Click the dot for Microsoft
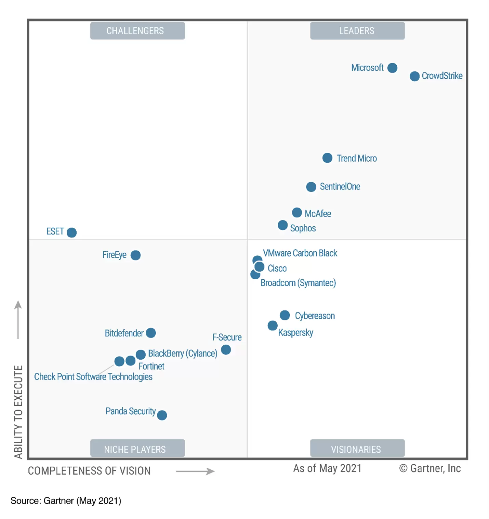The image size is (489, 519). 392,68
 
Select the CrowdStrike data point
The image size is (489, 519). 414,76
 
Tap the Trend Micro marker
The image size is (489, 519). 327,158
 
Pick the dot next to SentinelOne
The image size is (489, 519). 311,187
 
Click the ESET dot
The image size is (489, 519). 71,232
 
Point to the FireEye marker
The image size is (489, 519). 135,255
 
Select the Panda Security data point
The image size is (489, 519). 162,415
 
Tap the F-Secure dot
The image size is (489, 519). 226,350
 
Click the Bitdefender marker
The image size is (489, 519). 151,333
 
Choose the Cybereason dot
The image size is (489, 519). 285,315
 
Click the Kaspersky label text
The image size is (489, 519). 295,333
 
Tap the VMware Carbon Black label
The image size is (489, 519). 300,253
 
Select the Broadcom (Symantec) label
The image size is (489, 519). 298,283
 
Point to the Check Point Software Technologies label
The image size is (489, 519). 93,377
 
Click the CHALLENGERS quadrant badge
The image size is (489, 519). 137,31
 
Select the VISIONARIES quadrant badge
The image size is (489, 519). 357,449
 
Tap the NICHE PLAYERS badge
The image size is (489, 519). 137,449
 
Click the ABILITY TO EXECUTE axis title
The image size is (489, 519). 18,412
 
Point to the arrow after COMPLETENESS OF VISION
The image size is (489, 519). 195,471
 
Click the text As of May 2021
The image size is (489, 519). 327,468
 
